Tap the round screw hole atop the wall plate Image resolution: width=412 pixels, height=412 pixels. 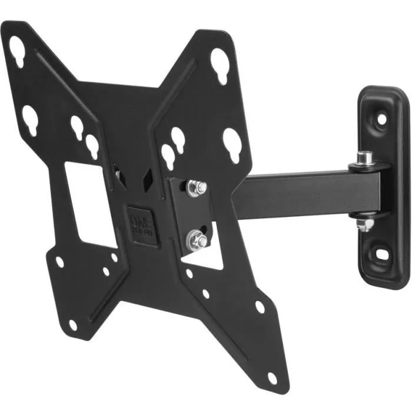(381, 118)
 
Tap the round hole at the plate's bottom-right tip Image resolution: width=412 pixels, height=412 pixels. (272, 377)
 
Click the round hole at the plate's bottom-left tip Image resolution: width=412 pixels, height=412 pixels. (72, 324)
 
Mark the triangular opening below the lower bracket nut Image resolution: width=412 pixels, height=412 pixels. (203, 259)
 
